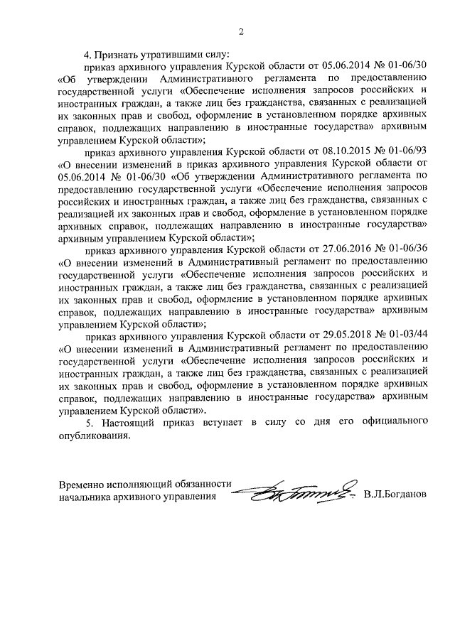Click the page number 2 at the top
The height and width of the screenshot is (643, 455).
point(241,31)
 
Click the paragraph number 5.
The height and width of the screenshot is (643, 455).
point(88,423)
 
